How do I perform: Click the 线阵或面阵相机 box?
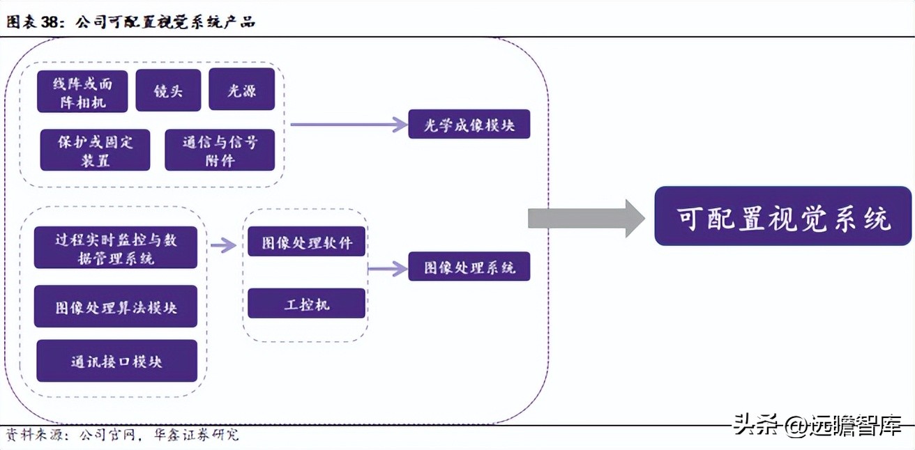[x=82, y=91]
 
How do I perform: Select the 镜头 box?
[x=168, y=91]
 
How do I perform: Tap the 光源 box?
[x=241, y=90]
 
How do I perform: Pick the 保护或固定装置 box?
[x=95, y=150]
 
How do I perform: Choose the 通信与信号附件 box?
[x=220, y=150]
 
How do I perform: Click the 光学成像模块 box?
[x=469, y=125]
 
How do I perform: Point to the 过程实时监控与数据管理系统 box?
[x=116, y=247]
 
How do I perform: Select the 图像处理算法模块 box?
[x=116, y=307]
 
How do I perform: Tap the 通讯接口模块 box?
[x=116, y=361]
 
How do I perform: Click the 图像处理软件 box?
[x=307, y=242]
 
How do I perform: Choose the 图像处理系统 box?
[x=469, y=267]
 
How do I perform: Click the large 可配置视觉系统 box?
[x=782, y=216]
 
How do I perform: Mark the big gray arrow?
[x=586, y=218]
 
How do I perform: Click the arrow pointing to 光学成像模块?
[x=349, y=125]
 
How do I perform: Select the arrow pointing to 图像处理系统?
[x=388, y=267]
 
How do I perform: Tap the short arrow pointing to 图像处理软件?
[x=223, y=245]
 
